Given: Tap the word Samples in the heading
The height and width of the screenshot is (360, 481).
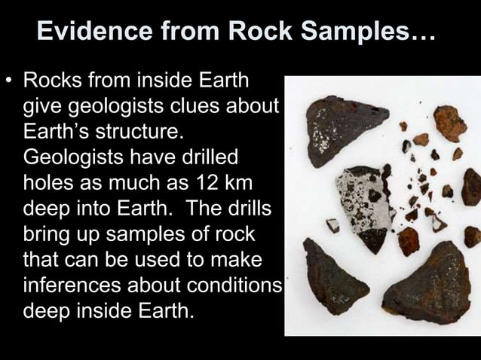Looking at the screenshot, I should (x=360, y=32).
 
